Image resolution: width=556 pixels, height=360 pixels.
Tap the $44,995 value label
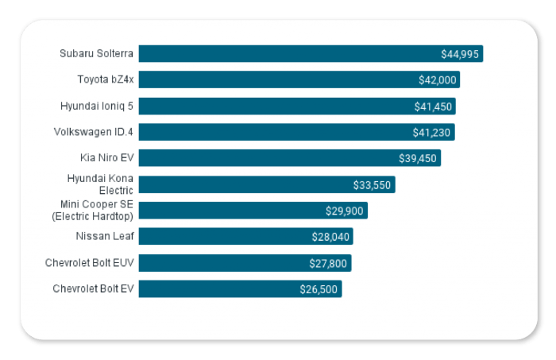tap(460, 54)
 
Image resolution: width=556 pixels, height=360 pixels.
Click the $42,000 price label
tap(437, 80)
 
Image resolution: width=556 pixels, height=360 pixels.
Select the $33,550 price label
tap(372, 185)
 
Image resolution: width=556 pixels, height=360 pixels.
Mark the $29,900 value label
tap(345, 211)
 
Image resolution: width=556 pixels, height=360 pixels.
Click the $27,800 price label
tap(328, 263)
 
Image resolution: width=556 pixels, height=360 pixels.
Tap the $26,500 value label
tap(319, 289)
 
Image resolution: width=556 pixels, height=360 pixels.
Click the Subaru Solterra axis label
tap(97, 54)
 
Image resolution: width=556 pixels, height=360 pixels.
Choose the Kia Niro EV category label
tap(106, 157)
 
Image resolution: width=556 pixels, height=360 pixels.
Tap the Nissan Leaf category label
tap(105, 236)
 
